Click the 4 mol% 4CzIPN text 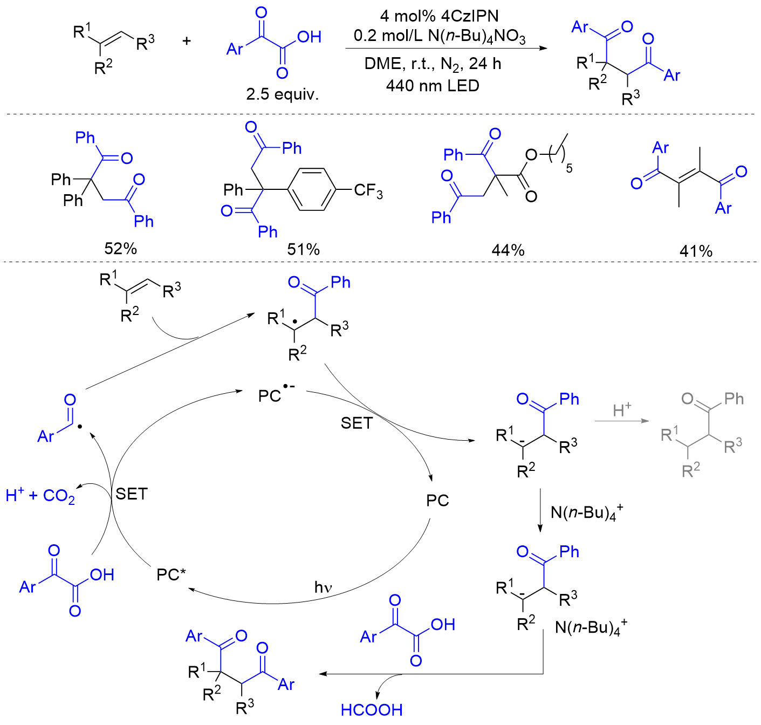(x=439, y=16)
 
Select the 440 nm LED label (x=433, y=86)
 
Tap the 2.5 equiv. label (x=282, y=94)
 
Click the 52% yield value (x=120, y=249)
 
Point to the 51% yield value (x=303, y=249)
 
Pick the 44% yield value (x=508, y=250)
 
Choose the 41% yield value (x=696, y=251)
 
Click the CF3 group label (x=368, y=190)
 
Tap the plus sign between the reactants (x=187, y=40)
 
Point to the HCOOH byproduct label (x=372, y=710)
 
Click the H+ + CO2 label (x=40, y=495)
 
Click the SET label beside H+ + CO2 (x=131, y=494)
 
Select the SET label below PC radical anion (x=356, y=423)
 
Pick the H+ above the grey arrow (x=622, y=410)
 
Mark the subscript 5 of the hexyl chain (x=569, y=169)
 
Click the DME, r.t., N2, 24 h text (x=433, y=64)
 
